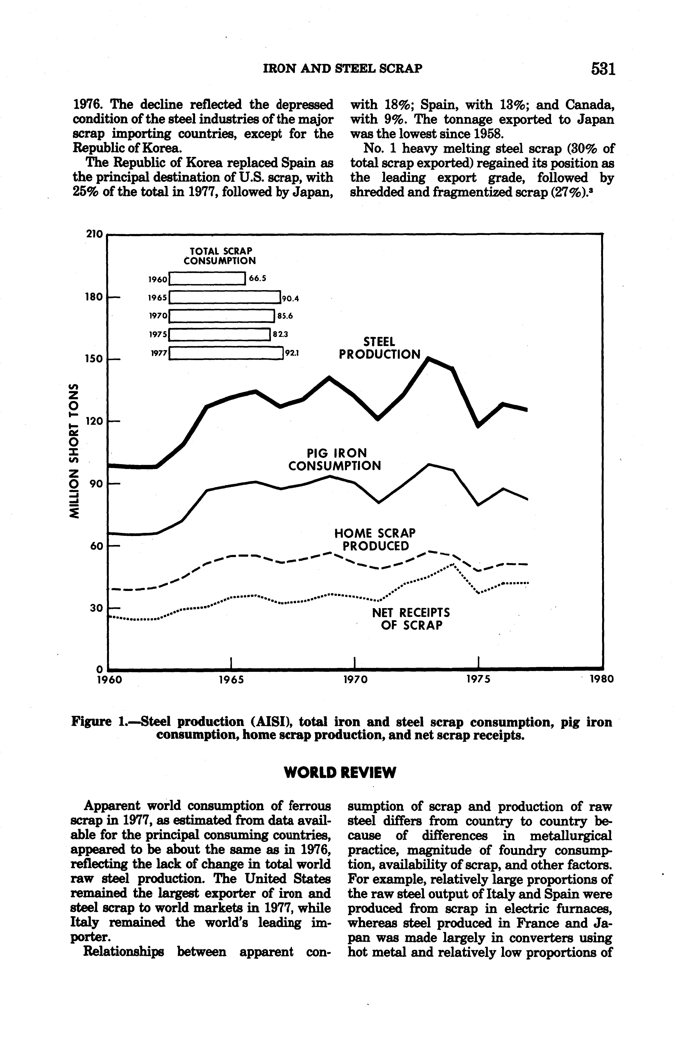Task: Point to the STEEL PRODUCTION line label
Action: tap(379, 348)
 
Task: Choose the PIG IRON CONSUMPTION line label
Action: tap(334, 460)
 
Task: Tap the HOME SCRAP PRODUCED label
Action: tap(375, 540)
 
